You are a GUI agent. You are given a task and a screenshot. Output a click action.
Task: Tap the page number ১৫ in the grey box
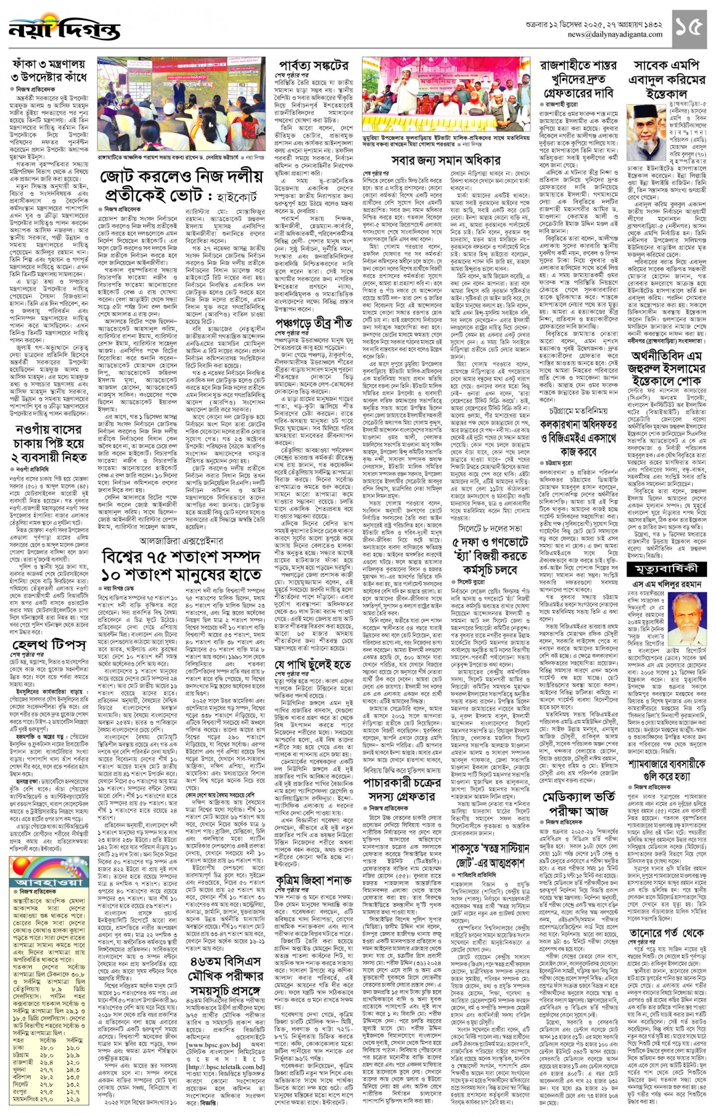coord(689,28)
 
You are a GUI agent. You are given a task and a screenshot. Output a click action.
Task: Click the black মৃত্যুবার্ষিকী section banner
coord(666,569)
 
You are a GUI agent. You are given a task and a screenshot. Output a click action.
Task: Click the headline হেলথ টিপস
coord(49,645)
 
